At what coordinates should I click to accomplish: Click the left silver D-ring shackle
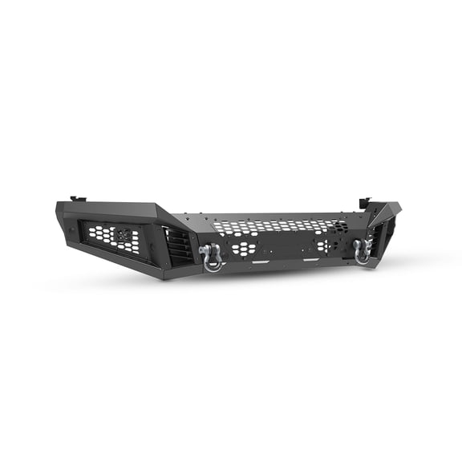[212, 258]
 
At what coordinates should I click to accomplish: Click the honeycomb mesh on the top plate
[281, 227]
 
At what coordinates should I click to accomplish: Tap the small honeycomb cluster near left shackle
[242, 249]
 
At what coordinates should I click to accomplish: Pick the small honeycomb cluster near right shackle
[323, 246]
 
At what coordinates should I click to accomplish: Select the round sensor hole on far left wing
[68, 229]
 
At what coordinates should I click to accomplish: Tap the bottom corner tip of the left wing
[164, 278]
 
